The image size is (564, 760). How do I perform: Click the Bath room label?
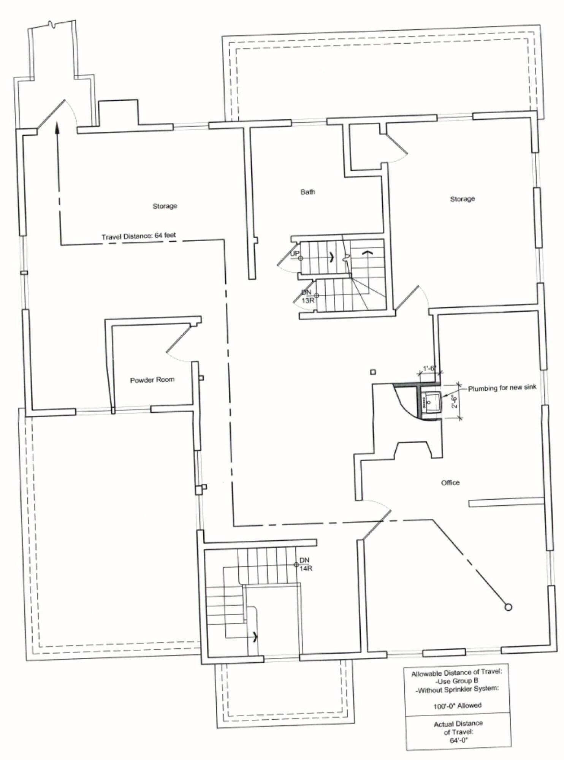tap(307, 192)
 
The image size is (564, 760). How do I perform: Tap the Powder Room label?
tap(152, 380)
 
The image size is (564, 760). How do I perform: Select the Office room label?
tap(450, 483)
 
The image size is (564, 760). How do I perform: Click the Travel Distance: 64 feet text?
tap(139, 236)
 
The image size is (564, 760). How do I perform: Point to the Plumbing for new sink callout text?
tap(502, 388)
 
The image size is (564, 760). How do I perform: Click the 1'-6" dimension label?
tap(429, 368)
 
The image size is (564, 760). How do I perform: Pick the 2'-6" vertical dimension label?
tap(454, 401)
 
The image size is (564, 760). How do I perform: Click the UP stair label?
tap(295, 253)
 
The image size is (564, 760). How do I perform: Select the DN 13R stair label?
tap(307, 296)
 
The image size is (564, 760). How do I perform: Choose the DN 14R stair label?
tap(305, 564)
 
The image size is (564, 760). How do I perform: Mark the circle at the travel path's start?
tap(508, 607)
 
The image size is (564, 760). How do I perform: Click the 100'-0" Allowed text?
tap(458, 706)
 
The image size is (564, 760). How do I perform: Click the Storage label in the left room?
tap(165, 206)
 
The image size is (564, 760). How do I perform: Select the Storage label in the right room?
tap(463, 199)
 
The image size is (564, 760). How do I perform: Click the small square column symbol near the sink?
tap(373, 372)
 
